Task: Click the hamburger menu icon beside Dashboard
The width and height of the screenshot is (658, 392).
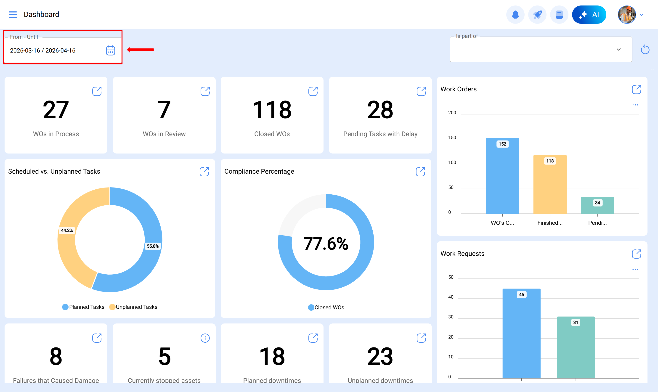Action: pyautogui.click(x=13, y=15)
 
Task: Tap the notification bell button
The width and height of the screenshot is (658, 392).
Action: pyautogui.click(x=515, y=15)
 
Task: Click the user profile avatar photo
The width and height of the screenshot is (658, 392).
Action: pyautogui.click(x=626, y=15)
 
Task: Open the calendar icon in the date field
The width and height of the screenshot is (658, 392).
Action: pyautogui.click(x=110, y=50)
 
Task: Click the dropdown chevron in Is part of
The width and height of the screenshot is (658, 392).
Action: pyautogui.click(x=618, y=49)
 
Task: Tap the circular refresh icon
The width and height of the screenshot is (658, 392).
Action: pyautogui.click(x=645, y=49)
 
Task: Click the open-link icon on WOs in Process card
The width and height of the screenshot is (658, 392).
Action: pyautogui.click(x=97, y=91)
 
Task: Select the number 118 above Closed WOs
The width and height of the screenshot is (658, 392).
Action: pyautogui.click(x=272, y=110)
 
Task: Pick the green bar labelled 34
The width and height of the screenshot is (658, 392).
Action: pyautogui.click(x=597, y=206)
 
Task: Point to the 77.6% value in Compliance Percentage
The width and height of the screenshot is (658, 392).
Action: pyautogui.click(x=326, y=243)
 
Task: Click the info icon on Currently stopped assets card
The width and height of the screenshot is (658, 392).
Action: pyautogui.click(x=205, y=338)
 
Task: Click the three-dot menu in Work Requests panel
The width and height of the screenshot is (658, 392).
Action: pyautogui.click(x=635, y=269)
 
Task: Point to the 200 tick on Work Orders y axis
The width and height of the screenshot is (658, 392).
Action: pyautogui.click(x=452, y=113)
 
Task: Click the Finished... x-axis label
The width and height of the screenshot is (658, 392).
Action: pyautogui.click(x=550, y=223)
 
